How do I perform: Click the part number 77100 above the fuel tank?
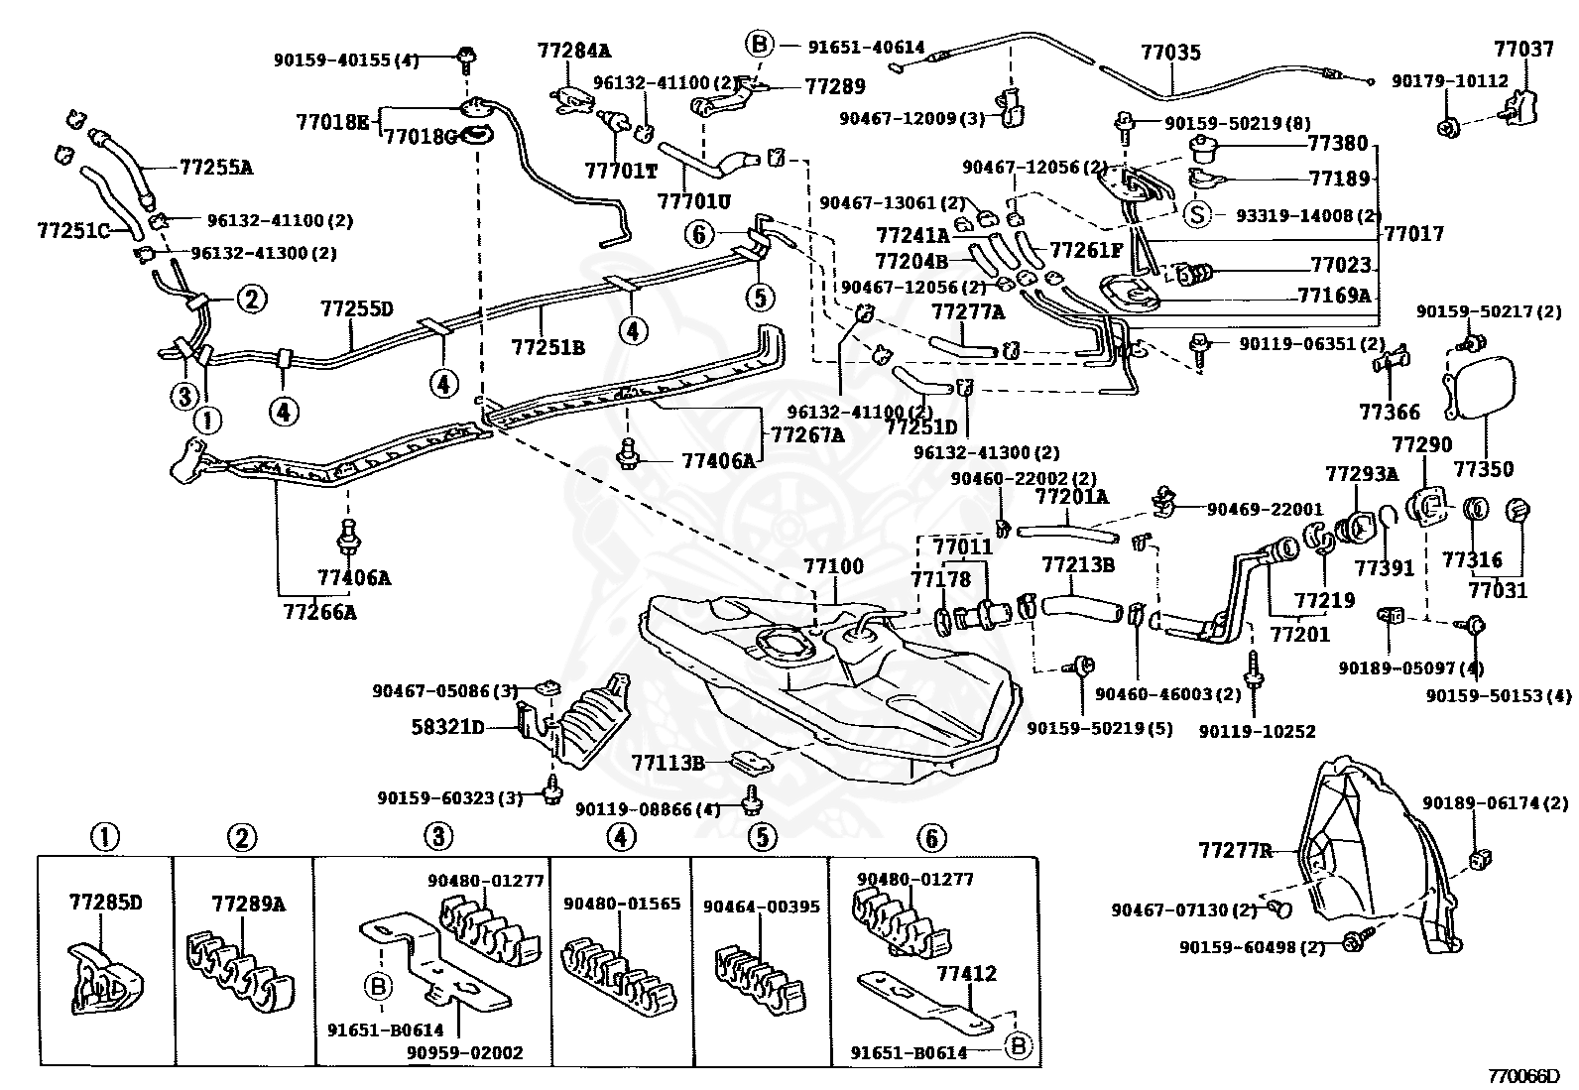coord(833,566)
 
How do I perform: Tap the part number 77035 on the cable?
coord(1170,53)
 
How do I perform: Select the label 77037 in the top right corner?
coord(1524,49)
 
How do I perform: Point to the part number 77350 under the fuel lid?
coord(1484,469)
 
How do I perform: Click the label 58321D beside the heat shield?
coord(448,727)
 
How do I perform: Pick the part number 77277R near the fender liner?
coord(1236,851)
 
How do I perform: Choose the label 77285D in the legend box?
coord(106,902)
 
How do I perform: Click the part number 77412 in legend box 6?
coord(966,974)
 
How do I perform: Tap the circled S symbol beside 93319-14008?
coord(1197,214)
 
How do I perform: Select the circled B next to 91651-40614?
coord(759,45)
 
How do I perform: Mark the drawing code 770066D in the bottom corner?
coord(1524,1076)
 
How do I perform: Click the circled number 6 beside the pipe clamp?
coord(699,234)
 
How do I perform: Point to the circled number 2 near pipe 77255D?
coord(252,299)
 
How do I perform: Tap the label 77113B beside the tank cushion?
coord(668,763)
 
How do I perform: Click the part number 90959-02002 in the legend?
coord(465,1052)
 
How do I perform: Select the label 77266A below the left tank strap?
coord(320,611)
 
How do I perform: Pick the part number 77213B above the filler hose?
coord(1078,564)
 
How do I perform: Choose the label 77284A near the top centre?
coord(574,50)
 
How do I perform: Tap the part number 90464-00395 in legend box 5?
coord(762,906)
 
